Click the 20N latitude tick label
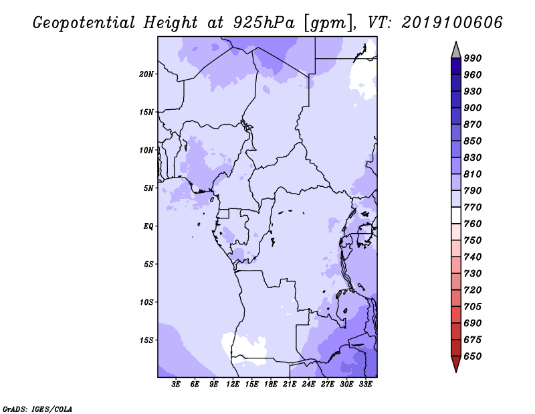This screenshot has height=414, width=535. pyautogui.click(x=146, y=74)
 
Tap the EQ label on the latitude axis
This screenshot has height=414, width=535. pyautogui.click(x=148, y=226)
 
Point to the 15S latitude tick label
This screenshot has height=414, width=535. pyautogui.click(x=146, y=340)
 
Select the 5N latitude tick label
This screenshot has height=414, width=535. pyautogui.click(x=148, y=188)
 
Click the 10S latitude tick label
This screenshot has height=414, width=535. pyautogui.click(x=146, y=302)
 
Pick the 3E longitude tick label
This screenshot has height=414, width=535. pyautogui.click(x=176, y=385)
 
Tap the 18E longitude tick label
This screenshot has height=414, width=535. pyautogui.click(x=271, y=385)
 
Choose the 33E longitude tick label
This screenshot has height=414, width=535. pyautogui.click(x=365, y=385)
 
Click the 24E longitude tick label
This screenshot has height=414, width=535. pyautogui.click(x=308, y=385)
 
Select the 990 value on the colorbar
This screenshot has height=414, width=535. pyautogui.click(x=473, y=58)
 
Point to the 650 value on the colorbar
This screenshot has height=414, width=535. pyautogui.click(x=473, y=356)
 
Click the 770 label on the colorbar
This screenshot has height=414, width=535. pyautogui.click(x=473, y=207)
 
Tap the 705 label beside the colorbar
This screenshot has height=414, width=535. pyautogui.click(x=473, y=307)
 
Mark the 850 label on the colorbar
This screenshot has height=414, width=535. pyautogui.click(x=473, y=141)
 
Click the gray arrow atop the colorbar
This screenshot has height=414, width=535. pyautogui.click(x=456, y=51)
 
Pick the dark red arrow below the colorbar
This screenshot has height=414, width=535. pyautogui.click(x=456, y=363)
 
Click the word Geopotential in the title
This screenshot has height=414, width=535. pyautogui.click(x=84, y=23)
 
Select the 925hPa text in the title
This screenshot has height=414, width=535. pyautogui.click(x=264, y=22)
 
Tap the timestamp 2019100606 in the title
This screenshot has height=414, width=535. pyautogui.click(x=452, y=22)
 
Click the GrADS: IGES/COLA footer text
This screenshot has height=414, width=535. pyautogui.click(x=37, y=409)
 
